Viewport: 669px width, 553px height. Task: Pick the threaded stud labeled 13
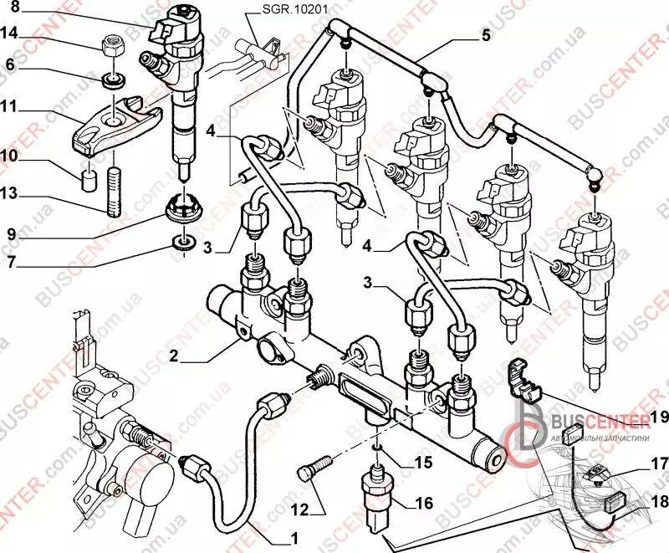tap(115, 192)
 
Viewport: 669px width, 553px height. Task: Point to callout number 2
tap(173, 356)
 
